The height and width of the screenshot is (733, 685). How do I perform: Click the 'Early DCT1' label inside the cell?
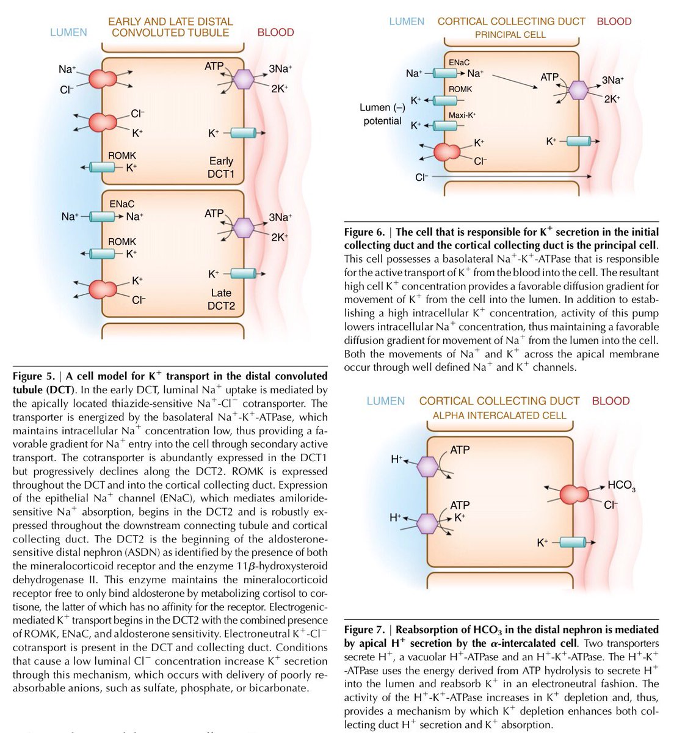tap(221, 167)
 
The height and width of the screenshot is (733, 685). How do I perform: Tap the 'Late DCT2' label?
tap(221, 299)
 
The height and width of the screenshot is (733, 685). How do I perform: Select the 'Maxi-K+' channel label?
tap(462, 115)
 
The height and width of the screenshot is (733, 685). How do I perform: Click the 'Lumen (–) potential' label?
tap(383, 114)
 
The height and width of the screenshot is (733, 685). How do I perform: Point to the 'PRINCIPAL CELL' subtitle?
tap(510, 35)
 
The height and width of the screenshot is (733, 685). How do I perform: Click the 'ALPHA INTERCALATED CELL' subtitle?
tap(499, 415)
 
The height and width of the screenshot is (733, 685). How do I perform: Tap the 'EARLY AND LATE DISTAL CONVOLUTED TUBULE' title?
tap(170, 27)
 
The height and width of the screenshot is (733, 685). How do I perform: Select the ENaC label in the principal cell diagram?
tap(459, 63)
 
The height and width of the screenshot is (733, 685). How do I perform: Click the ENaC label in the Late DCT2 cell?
tap(121, 204)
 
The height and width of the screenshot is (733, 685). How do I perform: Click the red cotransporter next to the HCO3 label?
tap(574, 494)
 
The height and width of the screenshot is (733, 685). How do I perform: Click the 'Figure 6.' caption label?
tap(364, 232)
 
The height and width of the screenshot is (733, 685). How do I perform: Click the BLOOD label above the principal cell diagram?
tap(614, 21)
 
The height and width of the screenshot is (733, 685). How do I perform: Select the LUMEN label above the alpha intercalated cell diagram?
tap(385, 401)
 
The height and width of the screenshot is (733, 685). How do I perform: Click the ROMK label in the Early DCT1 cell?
tap(122, 156)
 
